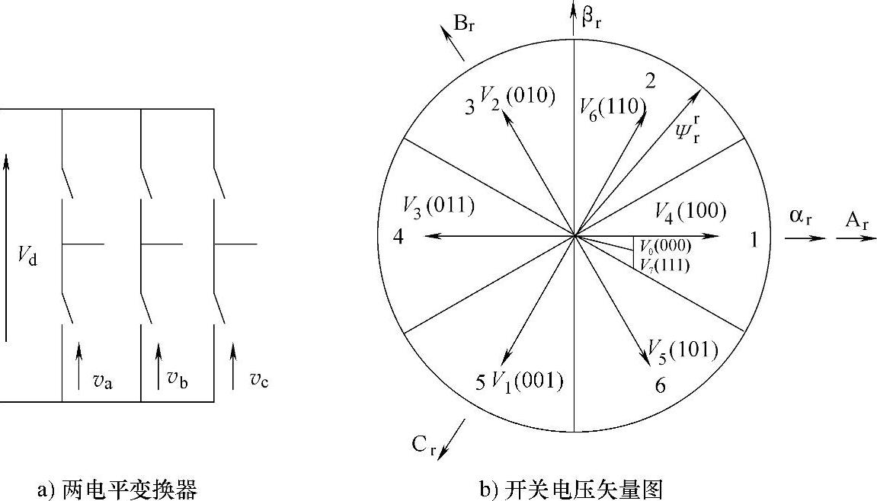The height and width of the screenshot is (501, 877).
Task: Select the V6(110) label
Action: pos(613,107)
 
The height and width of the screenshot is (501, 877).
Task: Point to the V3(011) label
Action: pos(439,206)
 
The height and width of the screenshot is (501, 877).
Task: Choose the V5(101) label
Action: pos(683,349)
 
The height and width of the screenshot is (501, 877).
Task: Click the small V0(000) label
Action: pos(665,245)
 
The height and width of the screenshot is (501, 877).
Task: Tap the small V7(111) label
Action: pos(665,265)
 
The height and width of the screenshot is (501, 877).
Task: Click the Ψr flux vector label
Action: pos(687,129)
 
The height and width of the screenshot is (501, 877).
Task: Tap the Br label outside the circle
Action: pos(466,23)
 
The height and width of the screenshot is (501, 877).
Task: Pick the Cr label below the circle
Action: pos(424,445)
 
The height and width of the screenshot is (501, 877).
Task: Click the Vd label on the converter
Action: pos(27,257)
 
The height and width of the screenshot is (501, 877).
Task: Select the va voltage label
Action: pos(103,380)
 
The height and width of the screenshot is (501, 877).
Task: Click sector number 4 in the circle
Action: pos(398,237)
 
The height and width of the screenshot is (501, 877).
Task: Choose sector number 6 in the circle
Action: pos(661,386)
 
